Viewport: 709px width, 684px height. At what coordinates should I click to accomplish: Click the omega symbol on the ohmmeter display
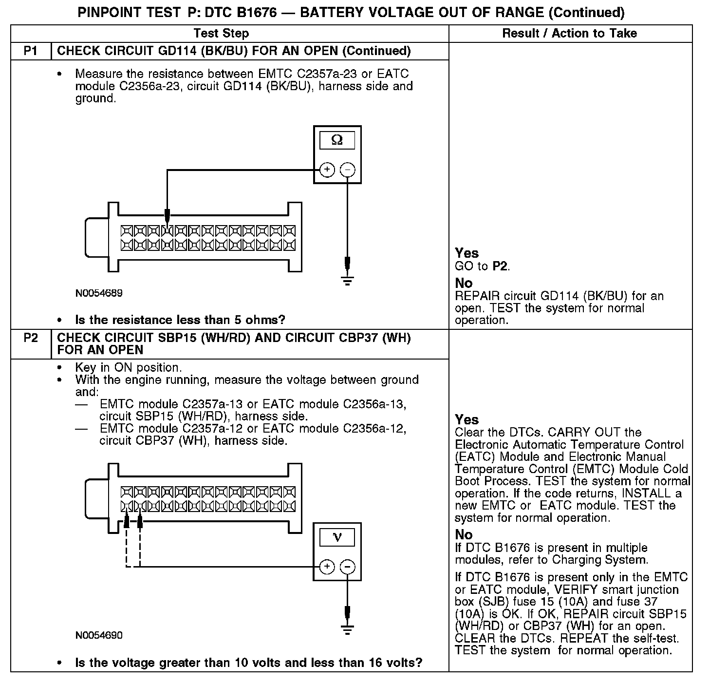point(337,141)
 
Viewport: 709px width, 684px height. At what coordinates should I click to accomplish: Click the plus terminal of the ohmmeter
point(327,170)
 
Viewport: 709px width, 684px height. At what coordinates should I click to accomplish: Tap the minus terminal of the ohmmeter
point(347,170)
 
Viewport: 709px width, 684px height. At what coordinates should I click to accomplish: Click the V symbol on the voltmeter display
point(337,537)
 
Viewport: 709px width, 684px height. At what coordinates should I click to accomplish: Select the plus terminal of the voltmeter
point(327,567)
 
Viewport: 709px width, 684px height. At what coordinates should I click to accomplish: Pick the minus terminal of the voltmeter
point(347,567)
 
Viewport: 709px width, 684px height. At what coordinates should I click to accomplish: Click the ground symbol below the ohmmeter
point(347,281)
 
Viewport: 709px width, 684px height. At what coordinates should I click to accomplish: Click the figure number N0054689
point(99,293)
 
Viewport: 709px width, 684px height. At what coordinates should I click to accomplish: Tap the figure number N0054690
point(99,635)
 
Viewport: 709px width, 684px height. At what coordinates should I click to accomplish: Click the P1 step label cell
point(31,51)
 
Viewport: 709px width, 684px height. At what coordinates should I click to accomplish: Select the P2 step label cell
point(31,338)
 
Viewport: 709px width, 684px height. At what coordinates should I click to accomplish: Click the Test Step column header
point(221,33)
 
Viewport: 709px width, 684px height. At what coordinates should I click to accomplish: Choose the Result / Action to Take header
point(569,33)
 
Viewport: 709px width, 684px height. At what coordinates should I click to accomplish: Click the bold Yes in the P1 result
point(466,253)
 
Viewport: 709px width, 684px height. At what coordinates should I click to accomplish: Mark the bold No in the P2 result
point(464,534)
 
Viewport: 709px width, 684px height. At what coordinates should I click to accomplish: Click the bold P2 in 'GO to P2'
point(500,266)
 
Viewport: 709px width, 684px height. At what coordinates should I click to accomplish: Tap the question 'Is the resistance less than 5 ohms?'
point(180,320)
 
